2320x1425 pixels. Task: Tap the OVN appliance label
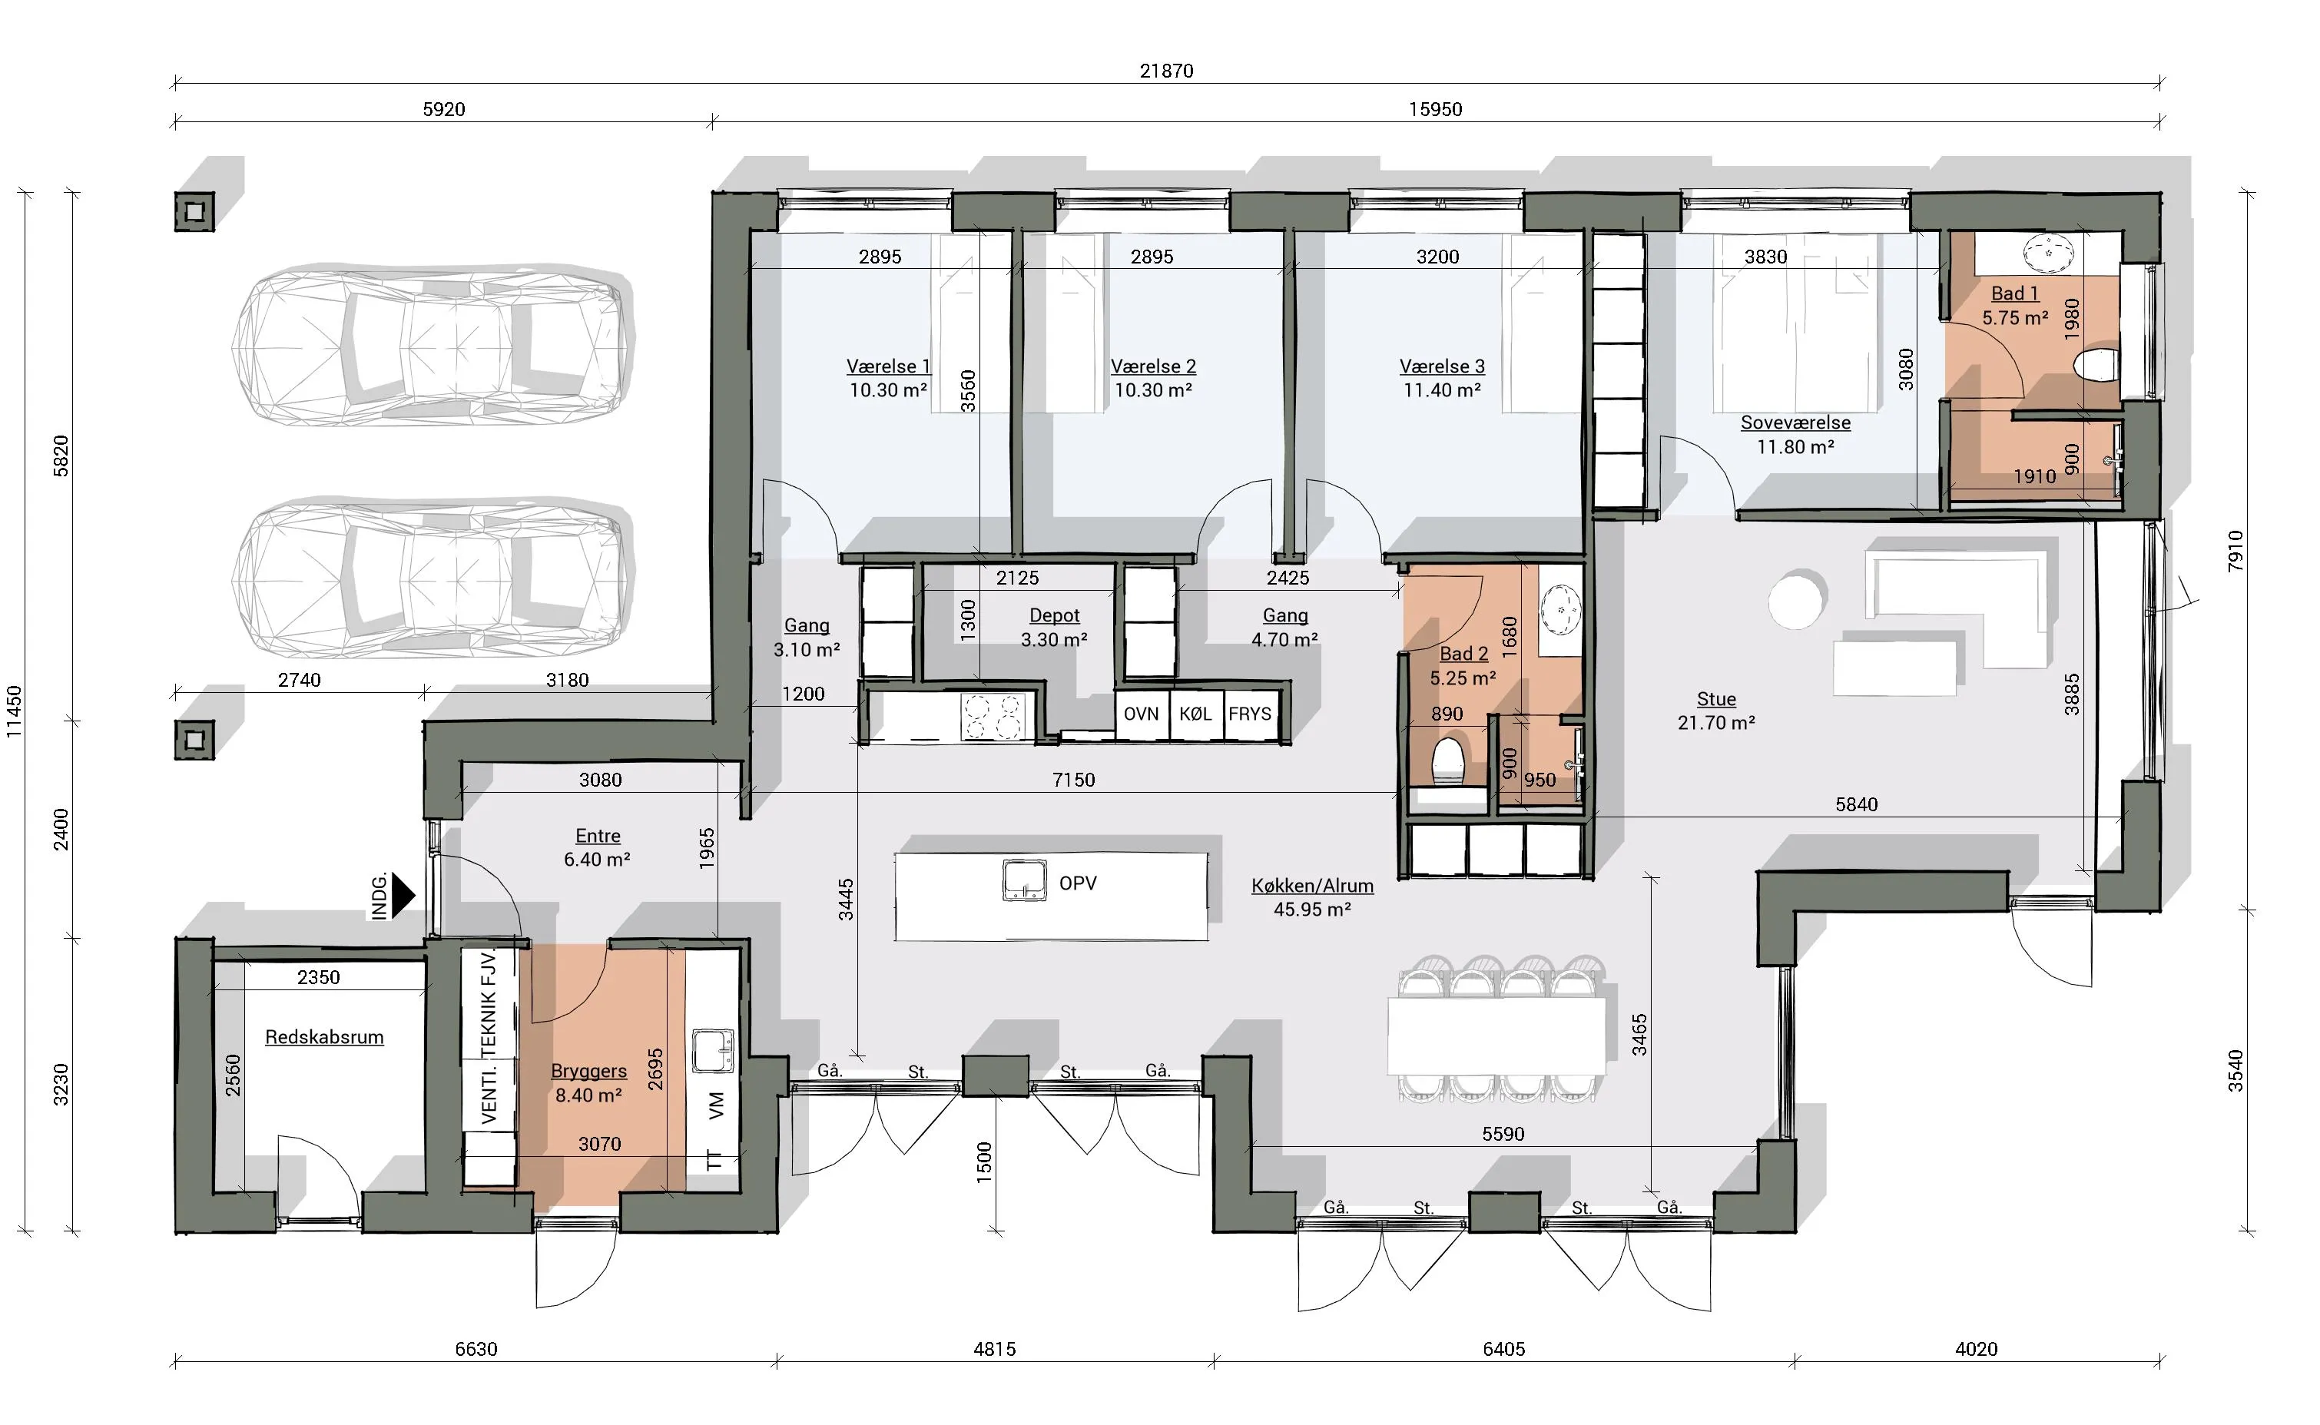click(x=1141, y=714)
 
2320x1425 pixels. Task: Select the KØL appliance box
click(x=1196, y=715)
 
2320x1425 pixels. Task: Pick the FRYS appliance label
click(x=1250, y=714)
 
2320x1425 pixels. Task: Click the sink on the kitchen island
click(x=1024, y=881)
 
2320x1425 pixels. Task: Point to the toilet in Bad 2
click(x=1447, y=761)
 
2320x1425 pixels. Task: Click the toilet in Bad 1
click(x=2098, y=366)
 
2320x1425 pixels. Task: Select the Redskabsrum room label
click(x=324, y=1037)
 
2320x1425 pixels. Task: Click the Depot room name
click(x=1055, y=615)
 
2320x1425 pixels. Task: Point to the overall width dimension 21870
click(x=1167, y=71)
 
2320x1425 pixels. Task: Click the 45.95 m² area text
click(x=1313, y=910)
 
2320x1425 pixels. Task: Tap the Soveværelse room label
click(x=1795, y=423)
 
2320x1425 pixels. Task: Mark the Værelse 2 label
click(x=1153, y=366)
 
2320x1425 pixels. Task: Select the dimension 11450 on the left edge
click(x=14, y=711)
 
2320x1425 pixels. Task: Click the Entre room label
click(x=598, y=836)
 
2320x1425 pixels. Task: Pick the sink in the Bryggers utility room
click(x=714, y=1051)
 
